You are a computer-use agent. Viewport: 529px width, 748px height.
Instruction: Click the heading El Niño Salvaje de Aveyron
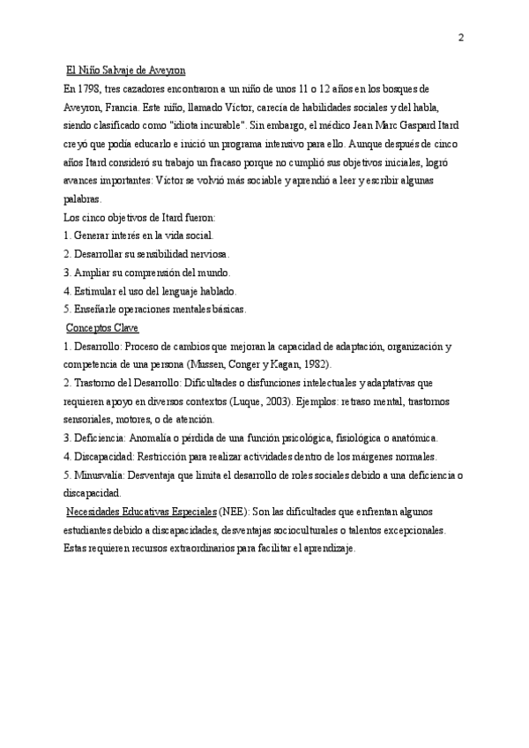(x=126, y=70)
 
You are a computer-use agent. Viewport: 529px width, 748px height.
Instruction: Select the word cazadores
(x=157, y=89)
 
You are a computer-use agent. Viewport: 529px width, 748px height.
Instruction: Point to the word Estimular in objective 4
(x=97, y=290)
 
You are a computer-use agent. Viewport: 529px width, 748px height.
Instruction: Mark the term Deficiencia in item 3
(x=101, y=438)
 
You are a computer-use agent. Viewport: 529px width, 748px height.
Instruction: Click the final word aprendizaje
(x=325, y=549)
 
